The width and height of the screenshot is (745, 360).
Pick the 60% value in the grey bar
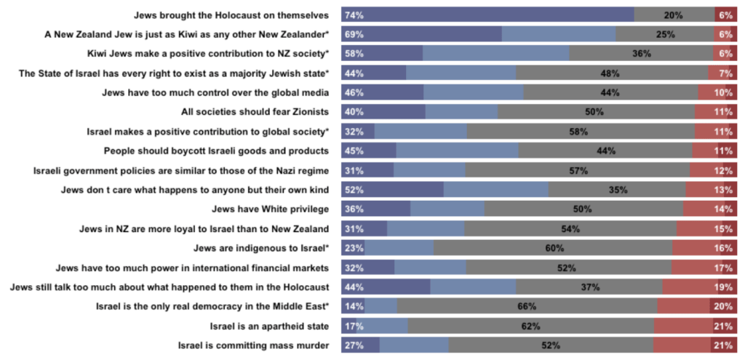pyautogui.click(x=554, y=248)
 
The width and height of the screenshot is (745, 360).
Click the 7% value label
pyautogui.click(x=725, y=73)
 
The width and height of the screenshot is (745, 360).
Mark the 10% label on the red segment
pyautogui.click(x=723, y=92)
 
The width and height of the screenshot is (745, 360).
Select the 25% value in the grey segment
pyautogui.click(x=665, y=34)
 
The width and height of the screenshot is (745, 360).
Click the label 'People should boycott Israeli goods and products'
pyautogui.click(x=216, y=151)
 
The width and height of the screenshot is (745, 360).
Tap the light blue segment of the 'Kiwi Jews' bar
pyautogui.click(x=495, y=54)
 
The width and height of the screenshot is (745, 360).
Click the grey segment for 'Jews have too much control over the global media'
pyautogui.click(x=610, y=92)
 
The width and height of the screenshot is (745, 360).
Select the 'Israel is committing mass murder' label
pyautogui.click(x=253, y=345)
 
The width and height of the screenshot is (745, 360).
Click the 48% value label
pyautogui.click(x=610, y=73)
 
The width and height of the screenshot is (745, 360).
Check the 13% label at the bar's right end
pyautogui.click(x=723, y=190)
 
